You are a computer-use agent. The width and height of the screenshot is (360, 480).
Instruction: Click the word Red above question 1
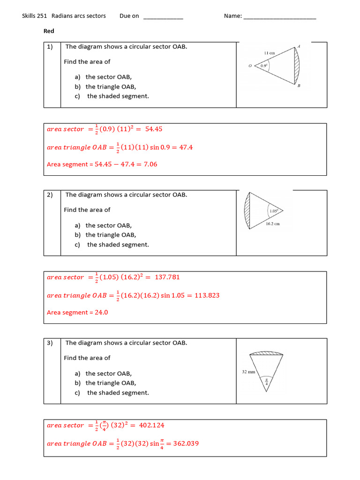[49, 31]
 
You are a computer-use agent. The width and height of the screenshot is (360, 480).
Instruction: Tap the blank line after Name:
[280, 18]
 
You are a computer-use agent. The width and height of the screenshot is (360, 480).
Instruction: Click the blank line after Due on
[163, 18]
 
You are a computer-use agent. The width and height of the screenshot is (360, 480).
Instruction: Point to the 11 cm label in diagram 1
[269, 53]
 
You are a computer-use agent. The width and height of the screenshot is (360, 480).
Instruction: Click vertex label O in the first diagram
[250, 66]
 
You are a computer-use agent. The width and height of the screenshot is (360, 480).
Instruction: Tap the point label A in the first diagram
[299, 46]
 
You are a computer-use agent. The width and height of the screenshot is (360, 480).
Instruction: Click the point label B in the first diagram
[299, 86]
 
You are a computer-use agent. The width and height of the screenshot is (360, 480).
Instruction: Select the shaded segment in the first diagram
[295, 66]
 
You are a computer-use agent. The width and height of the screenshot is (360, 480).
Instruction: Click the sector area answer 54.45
[154, 129]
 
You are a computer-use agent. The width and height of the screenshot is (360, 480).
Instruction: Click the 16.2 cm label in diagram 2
[272, 224]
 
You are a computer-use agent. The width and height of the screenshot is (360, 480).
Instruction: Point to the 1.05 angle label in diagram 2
[274, 211]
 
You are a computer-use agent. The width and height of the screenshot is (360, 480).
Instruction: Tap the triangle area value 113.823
[206, 295]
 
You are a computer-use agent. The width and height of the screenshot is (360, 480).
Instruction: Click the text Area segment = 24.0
[77, 313]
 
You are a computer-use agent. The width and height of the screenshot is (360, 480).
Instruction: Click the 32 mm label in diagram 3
[248, 372]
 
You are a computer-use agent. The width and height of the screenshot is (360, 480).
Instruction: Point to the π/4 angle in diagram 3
[267, 381]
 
